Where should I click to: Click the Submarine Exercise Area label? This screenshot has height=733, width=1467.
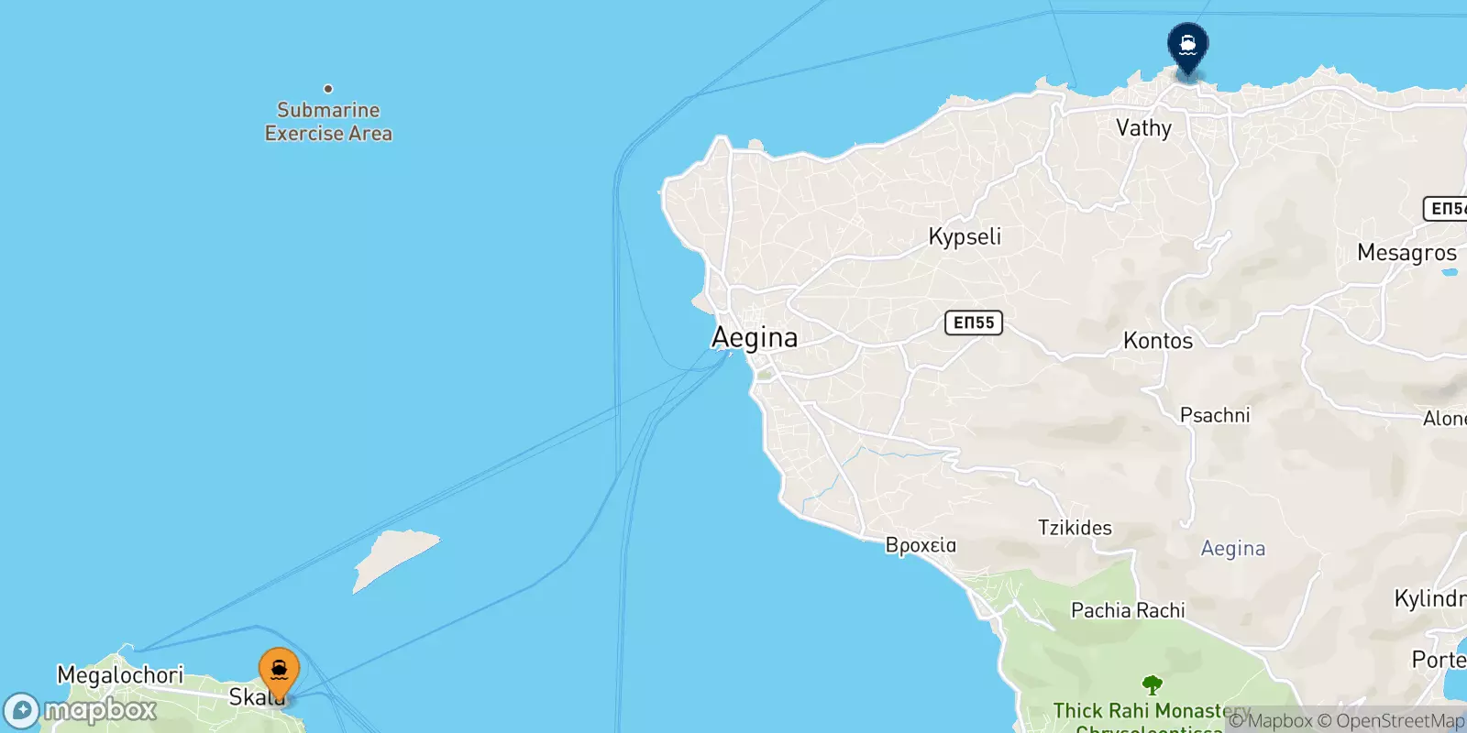pos(328,122)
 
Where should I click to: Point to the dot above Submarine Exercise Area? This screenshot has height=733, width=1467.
pos(328,89)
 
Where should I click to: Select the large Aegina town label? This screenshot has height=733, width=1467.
pos(755,338)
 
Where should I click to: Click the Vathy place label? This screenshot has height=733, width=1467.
pos(1143,128)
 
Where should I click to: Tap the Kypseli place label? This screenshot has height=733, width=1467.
pos(965,236)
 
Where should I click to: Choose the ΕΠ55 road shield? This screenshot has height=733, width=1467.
pos(974,323)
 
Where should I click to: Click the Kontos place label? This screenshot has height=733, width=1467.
pos(1158,341)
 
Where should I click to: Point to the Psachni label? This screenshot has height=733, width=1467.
pos(1215,415)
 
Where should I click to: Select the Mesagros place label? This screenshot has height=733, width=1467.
pos(1406,253)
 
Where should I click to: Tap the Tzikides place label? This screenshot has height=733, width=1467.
pos(1075,528)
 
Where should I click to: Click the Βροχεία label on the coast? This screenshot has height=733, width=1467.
pos(921,545)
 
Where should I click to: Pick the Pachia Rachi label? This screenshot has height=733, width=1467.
pos(1128,610)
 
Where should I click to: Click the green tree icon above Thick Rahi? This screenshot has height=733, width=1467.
pos(1153,684)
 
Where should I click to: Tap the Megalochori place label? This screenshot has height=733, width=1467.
pos(120,675)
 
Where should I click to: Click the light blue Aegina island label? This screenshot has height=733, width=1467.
pos(1233,549)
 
